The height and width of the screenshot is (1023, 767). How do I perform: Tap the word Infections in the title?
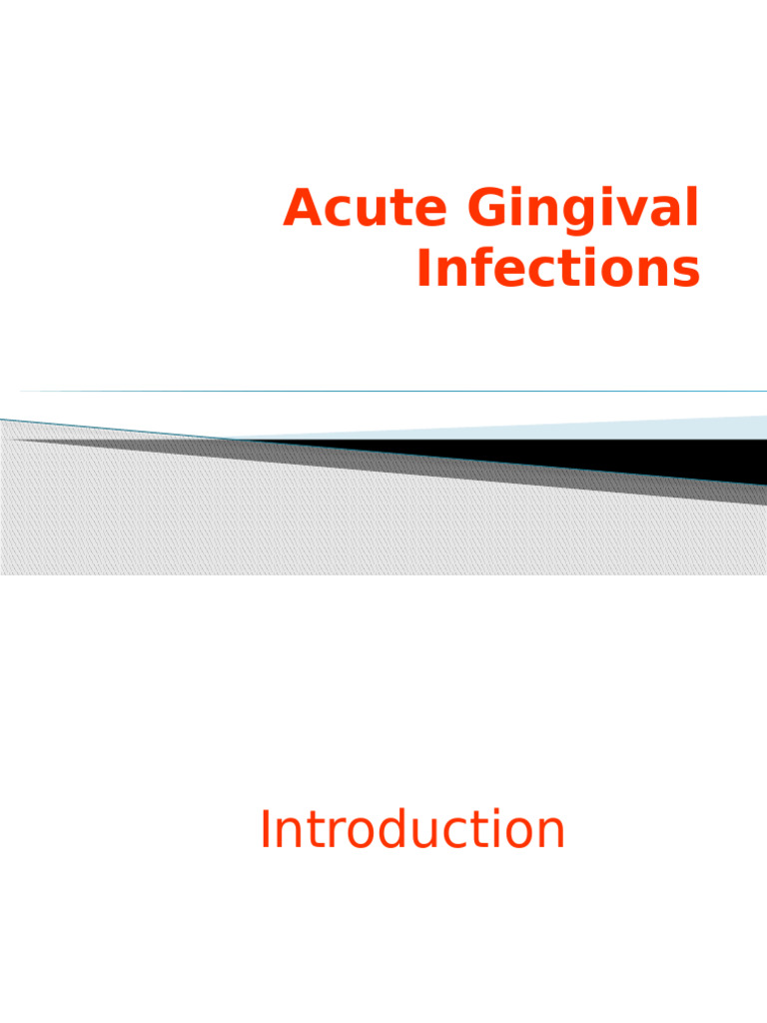coord(558,270)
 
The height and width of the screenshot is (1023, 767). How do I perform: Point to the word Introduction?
coord(411,831)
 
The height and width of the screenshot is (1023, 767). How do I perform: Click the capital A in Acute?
coord(302,210)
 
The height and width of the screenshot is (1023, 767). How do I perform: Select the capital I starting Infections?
coord(423,270)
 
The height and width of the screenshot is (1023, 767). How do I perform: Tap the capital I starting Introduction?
coord(265,831)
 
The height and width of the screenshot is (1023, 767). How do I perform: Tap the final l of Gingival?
coord(692,208)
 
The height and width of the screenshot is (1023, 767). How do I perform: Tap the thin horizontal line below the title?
coord(399,391)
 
